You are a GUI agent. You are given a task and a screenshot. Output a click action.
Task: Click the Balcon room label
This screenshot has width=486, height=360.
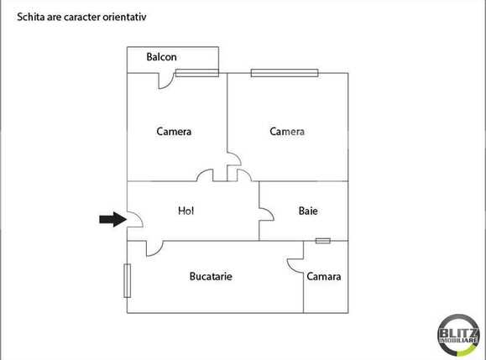(160, 58)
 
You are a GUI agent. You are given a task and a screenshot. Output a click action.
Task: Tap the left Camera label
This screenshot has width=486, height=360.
(174, 132)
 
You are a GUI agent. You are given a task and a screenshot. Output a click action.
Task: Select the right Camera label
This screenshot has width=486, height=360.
(286, 132)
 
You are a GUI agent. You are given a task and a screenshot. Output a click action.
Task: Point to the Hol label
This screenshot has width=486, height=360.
(186, 211)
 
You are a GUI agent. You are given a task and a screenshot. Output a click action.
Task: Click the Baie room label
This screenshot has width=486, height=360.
(308, 211)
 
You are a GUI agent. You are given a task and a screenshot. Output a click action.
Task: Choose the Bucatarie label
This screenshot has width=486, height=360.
(211, 276)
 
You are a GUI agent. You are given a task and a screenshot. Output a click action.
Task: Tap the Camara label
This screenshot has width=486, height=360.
(323, 277)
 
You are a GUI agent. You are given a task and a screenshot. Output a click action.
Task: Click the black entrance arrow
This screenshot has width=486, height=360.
(110, 219)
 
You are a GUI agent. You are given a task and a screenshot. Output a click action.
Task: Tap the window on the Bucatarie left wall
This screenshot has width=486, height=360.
(127, 280)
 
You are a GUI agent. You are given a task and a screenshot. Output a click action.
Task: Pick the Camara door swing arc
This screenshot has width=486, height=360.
(295, 263)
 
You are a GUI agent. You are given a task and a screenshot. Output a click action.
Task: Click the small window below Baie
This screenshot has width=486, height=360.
(323, 241)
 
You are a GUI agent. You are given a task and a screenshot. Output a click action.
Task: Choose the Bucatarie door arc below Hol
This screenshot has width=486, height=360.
(154, 248)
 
